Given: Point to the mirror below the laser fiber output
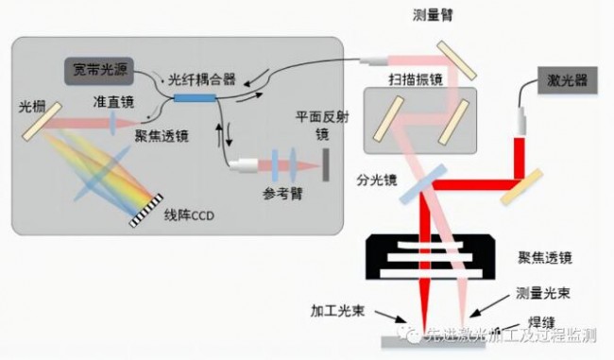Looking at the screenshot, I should click(528, 184).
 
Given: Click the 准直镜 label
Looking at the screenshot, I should click(111, 100).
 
